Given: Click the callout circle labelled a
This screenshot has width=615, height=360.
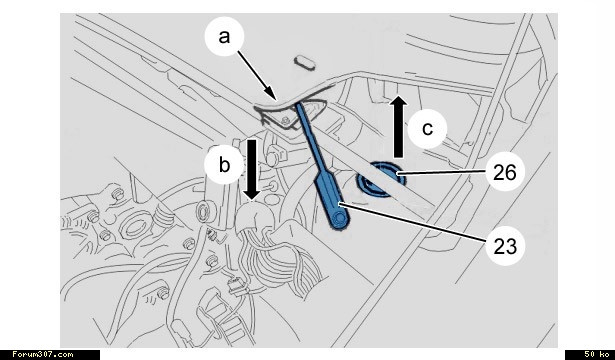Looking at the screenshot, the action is click(224, 36).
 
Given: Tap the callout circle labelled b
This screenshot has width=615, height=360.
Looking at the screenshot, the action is click(224, 164).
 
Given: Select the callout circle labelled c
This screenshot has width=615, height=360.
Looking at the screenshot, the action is click(427, 129).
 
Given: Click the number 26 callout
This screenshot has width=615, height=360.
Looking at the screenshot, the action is click(505, 172).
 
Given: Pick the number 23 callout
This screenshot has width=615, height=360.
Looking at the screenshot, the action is click(505, 246).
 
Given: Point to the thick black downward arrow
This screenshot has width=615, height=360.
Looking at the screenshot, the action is click(251, 169).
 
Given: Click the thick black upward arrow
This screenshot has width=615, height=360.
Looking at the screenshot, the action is click(398, 126).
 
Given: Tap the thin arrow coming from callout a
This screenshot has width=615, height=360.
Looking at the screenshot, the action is click(257, 75).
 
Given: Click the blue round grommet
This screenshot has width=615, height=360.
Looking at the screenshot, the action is click(380, 180).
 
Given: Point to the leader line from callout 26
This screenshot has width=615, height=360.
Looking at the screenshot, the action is click(441, 172).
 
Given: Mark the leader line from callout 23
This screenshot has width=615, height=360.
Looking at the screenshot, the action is click(413, 223).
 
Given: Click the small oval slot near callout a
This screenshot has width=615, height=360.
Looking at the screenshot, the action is click(305, 63).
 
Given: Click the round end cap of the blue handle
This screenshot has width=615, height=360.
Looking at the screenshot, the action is click(338, 220).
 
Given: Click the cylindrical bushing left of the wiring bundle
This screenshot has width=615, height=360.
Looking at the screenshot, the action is click(204, 212).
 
